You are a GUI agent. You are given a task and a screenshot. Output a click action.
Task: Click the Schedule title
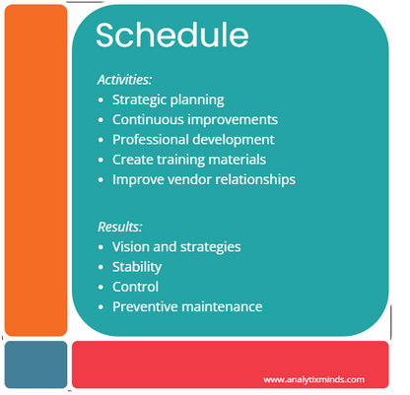click(x=172, y=34)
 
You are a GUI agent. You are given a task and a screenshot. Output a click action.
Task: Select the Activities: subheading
click(x=124, y=80)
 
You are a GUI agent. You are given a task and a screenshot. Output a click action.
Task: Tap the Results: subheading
click(x=120, y=227)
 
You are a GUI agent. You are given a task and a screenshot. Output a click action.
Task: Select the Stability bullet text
click(x=137, y=267)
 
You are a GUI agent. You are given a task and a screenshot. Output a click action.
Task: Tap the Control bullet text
click(x=135, y=287)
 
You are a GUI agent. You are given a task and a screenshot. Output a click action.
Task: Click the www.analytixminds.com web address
click(x=313, y=380)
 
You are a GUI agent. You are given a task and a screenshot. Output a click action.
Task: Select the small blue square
click(x=35, y=364)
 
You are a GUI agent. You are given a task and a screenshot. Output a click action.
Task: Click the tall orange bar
click(x=35, y=170)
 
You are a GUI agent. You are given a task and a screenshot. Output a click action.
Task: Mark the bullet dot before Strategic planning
click(x=101, y=99)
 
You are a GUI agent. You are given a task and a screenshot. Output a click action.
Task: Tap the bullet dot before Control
click(x=101, y=287)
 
